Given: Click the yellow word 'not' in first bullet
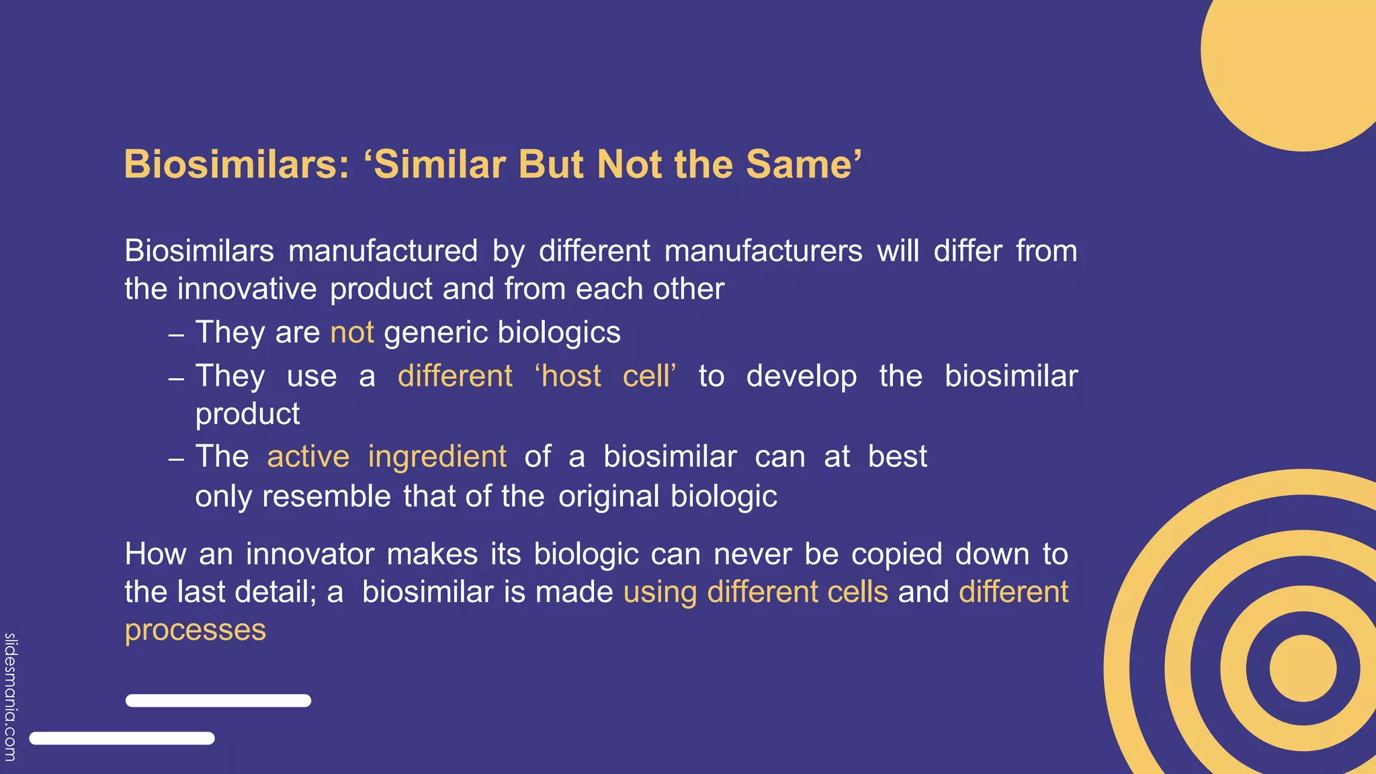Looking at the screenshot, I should coord(351,333).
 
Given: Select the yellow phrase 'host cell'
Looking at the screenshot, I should coord(605,376).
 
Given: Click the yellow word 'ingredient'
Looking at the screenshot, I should coord(437,457).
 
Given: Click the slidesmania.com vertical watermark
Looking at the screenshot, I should coord(10,697).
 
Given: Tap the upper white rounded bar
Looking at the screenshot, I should coord(218,701).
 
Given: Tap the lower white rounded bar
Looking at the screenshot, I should coord(122,738).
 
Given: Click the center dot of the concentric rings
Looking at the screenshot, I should coord(1303,669).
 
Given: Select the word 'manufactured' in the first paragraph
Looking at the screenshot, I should coord(383,251).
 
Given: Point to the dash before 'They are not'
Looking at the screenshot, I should coord(176,335).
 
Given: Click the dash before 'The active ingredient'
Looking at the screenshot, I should coord(176,460).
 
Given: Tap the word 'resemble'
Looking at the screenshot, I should coord(327,497).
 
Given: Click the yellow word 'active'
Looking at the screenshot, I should coord(308,457).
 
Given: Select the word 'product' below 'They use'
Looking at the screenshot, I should coord(247,414).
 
